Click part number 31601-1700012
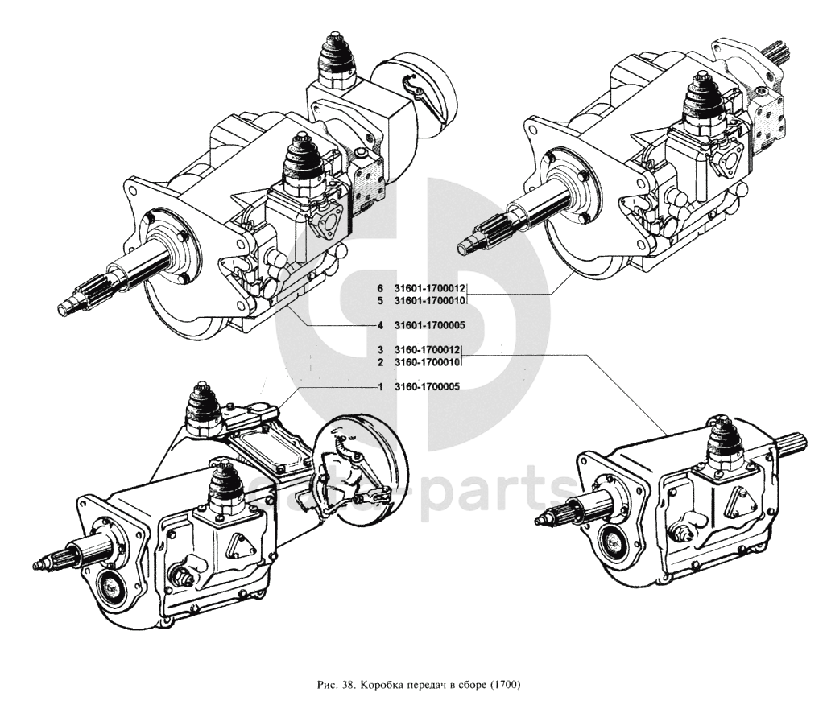click(430, 287)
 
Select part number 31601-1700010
click(430, 300)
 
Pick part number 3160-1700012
click(427, 350)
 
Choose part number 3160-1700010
click(427, 363)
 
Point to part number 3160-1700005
click(427, 387)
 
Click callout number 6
click(379, 287)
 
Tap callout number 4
click(379, 325)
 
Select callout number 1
click(379, 387)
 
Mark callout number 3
click(379, 350)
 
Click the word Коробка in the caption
click(380, 686)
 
